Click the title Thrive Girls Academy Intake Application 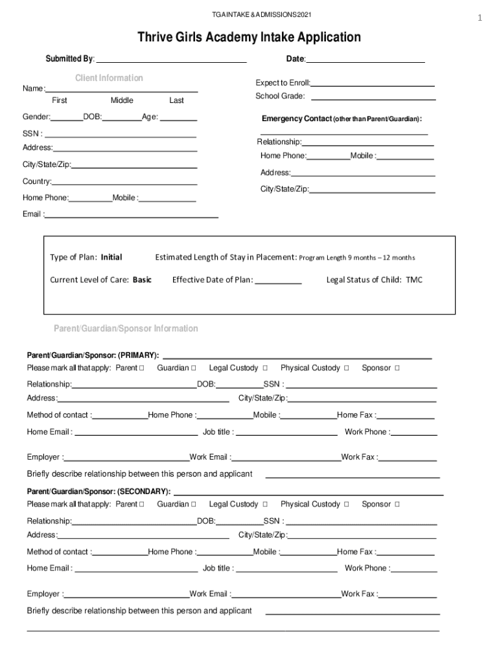tap(249, 38)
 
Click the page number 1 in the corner tap(480, 18)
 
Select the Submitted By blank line tap(171, 60)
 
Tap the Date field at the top tap(365, 60)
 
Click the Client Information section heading tap(109, 78)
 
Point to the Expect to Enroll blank tap(373, 84)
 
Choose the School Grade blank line tap(373, 96)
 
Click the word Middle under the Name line tap(122, 100)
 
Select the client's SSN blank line tap(120, 134)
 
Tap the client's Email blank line tap(132, 214)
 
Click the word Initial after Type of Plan tap(111, 258)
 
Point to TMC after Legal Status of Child tap(414, 280)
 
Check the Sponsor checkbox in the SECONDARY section tap(397, 504)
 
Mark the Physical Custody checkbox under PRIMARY tap(347, 368)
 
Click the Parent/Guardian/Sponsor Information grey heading tap(126, 329)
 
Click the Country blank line tap(124, 182)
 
